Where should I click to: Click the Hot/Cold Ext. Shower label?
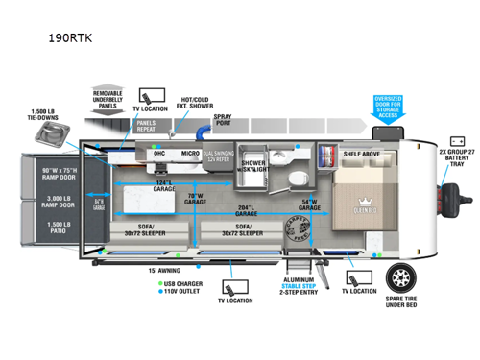pyautogui.click(x=197, y=104)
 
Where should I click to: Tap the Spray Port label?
pyautogui.click(x=223, y=124)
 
